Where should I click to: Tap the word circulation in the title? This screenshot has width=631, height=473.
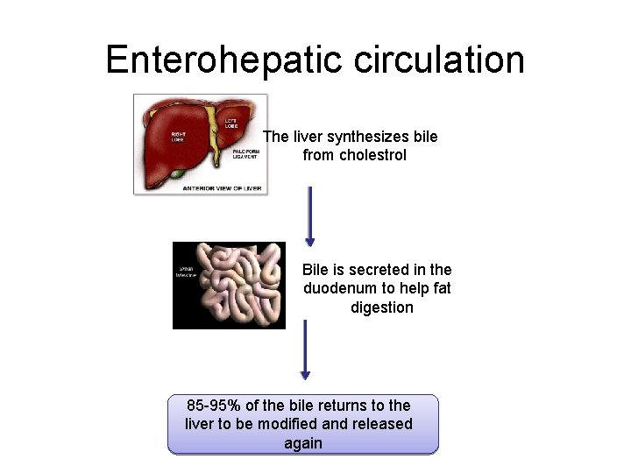[441, 60]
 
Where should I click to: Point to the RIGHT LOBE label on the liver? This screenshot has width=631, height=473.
[177, 136]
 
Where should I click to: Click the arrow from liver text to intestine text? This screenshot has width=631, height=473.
[309, 215]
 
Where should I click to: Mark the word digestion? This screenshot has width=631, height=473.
[381, 307]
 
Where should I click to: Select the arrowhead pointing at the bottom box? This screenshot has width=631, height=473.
[305, 374]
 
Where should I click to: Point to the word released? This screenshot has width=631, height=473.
[380, 424]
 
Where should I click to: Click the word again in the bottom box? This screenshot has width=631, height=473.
[303, 443]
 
